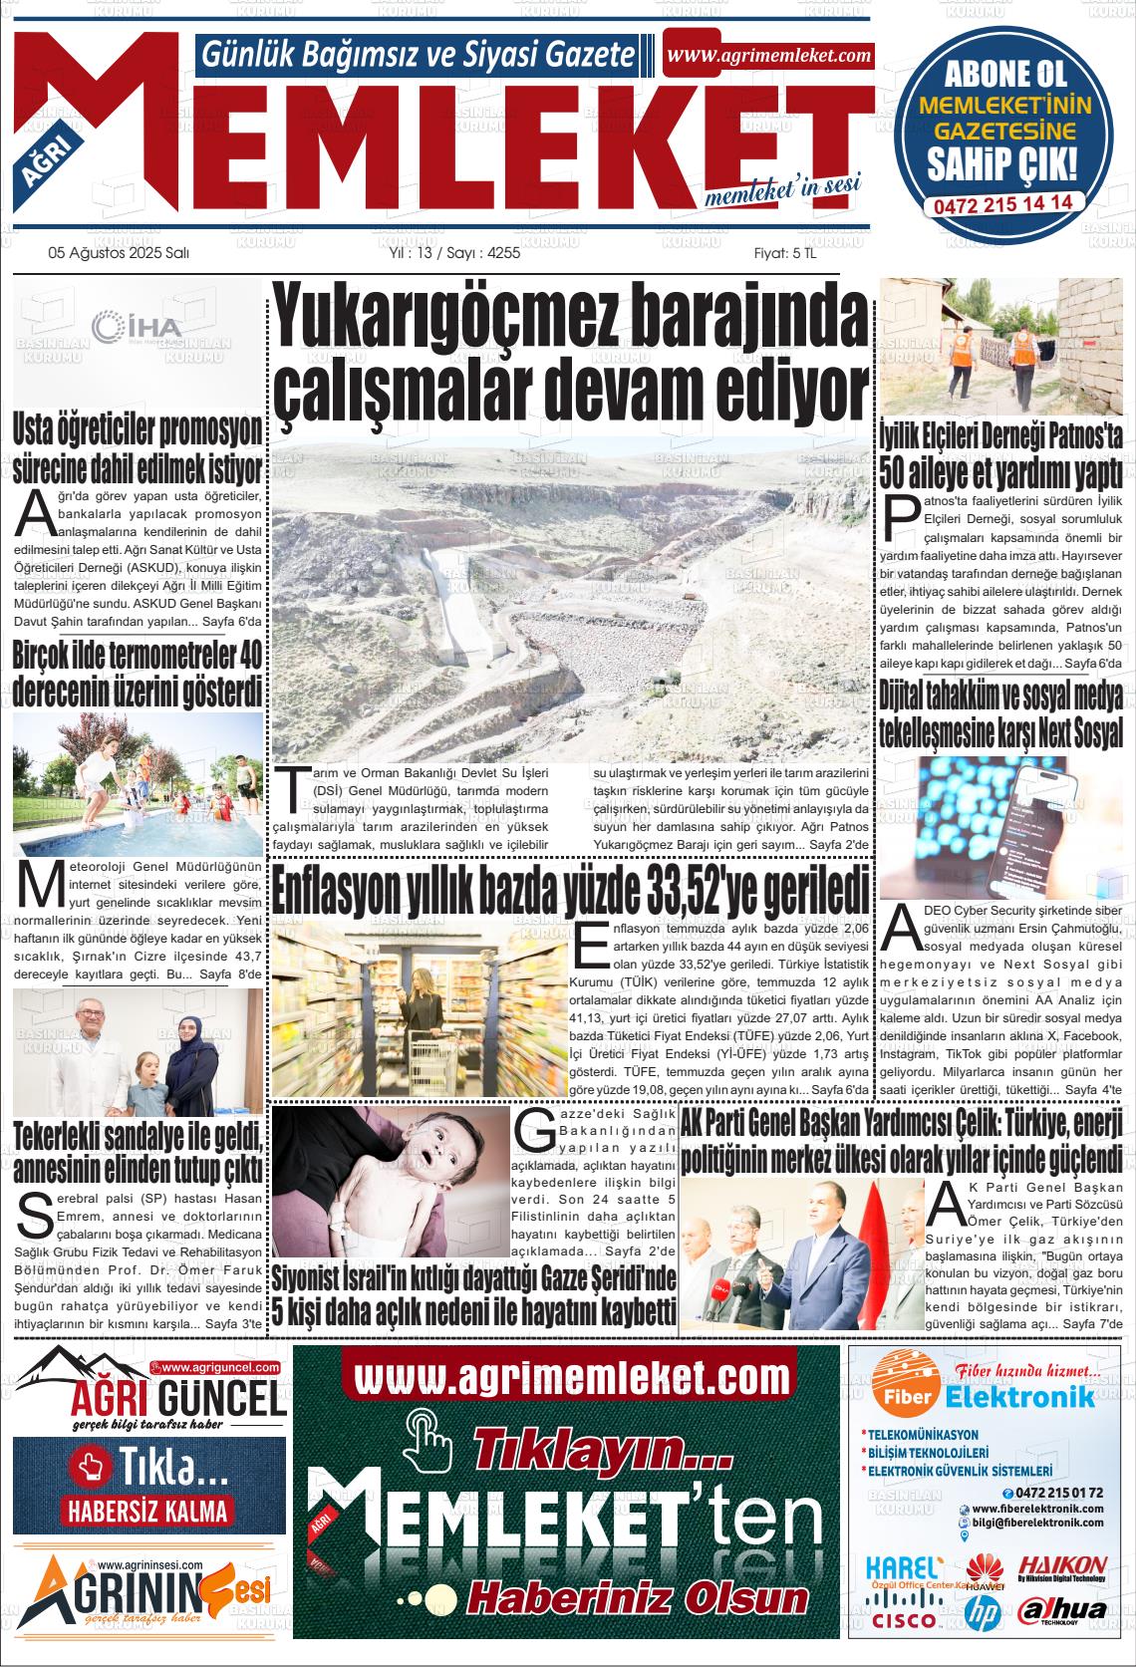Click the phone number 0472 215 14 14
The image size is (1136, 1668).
(x=1002, y=201)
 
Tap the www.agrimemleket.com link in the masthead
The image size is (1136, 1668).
(x=768, y=56)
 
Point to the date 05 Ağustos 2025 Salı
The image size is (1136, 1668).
(x=119, y=253)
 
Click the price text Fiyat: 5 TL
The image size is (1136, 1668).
(x=784, y=253)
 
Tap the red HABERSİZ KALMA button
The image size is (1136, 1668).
(x=147, y=1510)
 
